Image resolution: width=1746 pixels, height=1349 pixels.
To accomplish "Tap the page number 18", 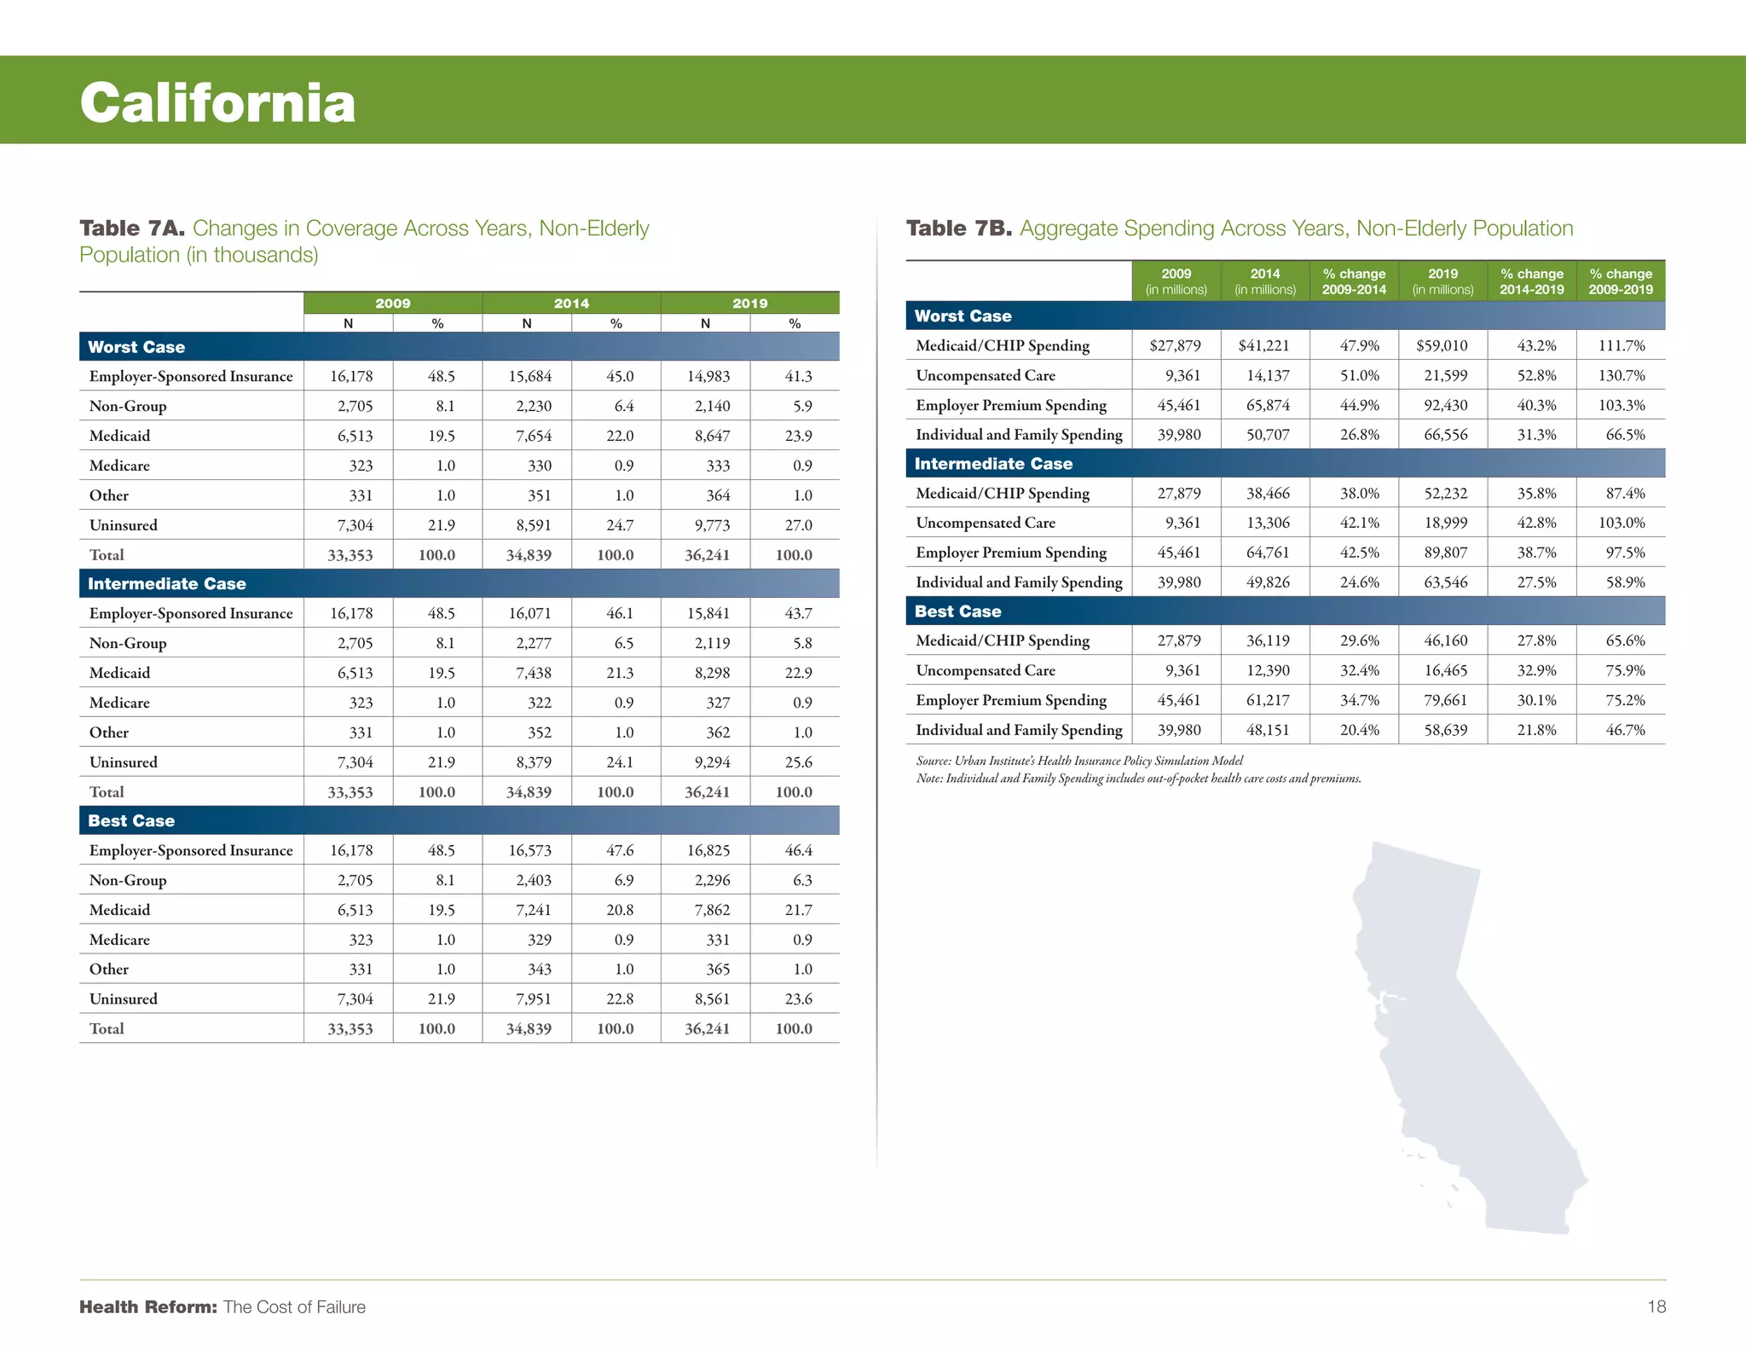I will coord(1656,1306).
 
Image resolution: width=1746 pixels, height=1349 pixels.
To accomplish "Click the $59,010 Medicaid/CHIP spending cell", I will coord(1442,345).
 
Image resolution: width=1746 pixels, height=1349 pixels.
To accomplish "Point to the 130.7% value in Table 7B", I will coord(1622,375).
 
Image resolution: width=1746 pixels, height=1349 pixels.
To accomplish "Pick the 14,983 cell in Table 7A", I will coord(708,376).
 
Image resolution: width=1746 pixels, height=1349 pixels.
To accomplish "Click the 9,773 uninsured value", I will coord(712,525).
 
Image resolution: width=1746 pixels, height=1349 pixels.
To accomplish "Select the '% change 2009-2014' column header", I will coord(1354,281).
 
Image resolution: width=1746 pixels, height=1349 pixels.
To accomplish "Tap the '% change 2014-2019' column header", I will coord(1531,281).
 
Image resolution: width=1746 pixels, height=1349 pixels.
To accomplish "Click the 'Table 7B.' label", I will coord(958,229).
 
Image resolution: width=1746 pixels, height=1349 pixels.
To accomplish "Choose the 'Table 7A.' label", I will coord(132,229).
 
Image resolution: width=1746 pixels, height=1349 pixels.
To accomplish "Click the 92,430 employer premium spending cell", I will coord(1445,405).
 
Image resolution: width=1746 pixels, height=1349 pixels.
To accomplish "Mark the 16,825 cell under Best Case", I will coord(708,850).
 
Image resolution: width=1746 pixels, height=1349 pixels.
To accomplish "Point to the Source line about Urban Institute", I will coord(1078,761).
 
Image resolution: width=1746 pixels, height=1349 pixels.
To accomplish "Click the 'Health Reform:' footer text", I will coord(148,1306).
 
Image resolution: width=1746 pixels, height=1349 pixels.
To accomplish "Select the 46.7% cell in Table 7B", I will coord(1625,730).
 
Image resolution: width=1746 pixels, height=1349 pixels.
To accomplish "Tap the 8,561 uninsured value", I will coord(712,999).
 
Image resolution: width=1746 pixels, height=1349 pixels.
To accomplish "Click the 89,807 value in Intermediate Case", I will coord(1445,553).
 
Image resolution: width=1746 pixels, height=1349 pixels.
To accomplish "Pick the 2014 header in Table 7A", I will coord(571,304).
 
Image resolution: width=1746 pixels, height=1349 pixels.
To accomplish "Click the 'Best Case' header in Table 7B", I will coord(957,611).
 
